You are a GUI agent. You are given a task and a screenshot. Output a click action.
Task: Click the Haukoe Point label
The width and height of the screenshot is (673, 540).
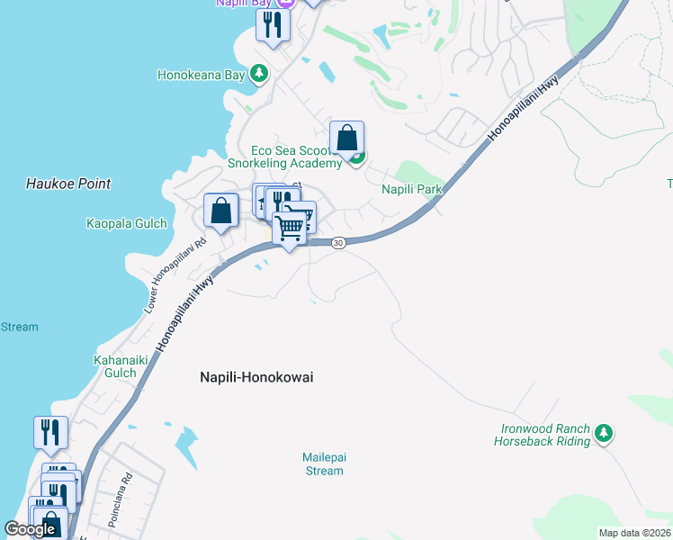[x=68, y=184]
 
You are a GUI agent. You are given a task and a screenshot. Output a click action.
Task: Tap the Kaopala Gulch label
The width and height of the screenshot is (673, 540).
[x=127, y=223]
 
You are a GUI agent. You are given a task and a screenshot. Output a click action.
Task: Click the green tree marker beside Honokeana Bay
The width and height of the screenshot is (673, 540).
[x=259, y=73]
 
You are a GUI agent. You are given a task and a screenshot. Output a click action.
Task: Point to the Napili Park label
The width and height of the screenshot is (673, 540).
[x=412, y=189]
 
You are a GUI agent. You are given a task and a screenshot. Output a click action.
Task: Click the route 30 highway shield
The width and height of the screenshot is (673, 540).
[x=337, y=243]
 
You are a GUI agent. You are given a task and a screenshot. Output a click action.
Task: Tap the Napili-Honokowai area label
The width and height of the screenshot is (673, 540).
[x=256, y=378]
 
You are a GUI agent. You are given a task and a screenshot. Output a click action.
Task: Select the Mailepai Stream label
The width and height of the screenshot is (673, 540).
[x=324, y=463]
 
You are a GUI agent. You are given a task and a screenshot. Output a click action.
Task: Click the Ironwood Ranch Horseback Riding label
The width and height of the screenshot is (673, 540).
[x=542, y=435]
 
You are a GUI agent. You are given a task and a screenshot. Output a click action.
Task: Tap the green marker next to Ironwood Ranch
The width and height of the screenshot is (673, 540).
[x=605, y=435]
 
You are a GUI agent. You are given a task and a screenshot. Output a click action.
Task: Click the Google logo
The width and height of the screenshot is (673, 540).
[x=31, y=529]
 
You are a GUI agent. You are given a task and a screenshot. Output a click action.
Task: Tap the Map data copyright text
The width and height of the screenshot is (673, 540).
[x=635, y=533]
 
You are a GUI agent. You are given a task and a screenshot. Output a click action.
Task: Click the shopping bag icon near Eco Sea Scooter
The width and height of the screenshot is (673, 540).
[x=346, y=139]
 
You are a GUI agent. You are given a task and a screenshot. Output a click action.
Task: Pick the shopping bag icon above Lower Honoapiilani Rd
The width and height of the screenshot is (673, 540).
[x=220, y=211]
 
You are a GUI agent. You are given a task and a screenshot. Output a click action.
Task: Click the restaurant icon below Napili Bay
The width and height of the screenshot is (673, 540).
[x=273, y=24]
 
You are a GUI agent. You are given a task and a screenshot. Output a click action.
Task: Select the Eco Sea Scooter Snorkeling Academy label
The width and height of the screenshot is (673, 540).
[x=297, y=157]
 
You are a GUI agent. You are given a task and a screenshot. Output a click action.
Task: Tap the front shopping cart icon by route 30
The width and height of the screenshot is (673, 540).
[x=290, y=229]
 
